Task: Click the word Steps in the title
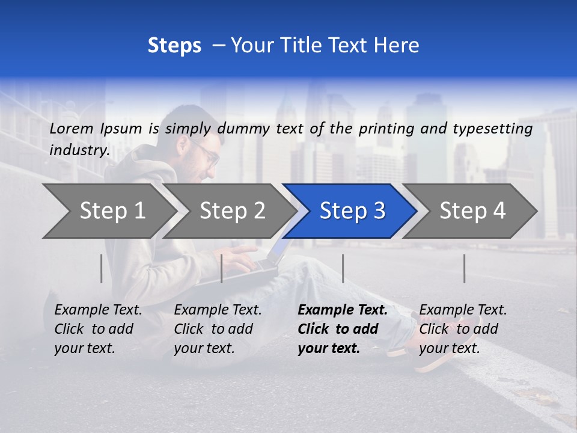click(x=174, y=46)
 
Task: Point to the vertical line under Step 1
click(x=102, y=268)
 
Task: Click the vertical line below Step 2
click(x=222, y=268)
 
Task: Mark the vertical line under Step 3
click(x=343, y=268)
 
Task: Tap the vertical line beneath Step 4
click(x=465, y=268)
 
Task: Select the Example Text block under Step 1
click(x=98, y=329)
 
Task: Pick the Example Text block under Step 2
click(x=218, y=329)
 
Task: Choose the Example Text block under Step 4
click(x=463, y=329)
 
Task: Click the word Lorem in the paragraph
click(x=72, y=128)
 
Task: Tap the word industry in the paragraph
click(x=79, y=150)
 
